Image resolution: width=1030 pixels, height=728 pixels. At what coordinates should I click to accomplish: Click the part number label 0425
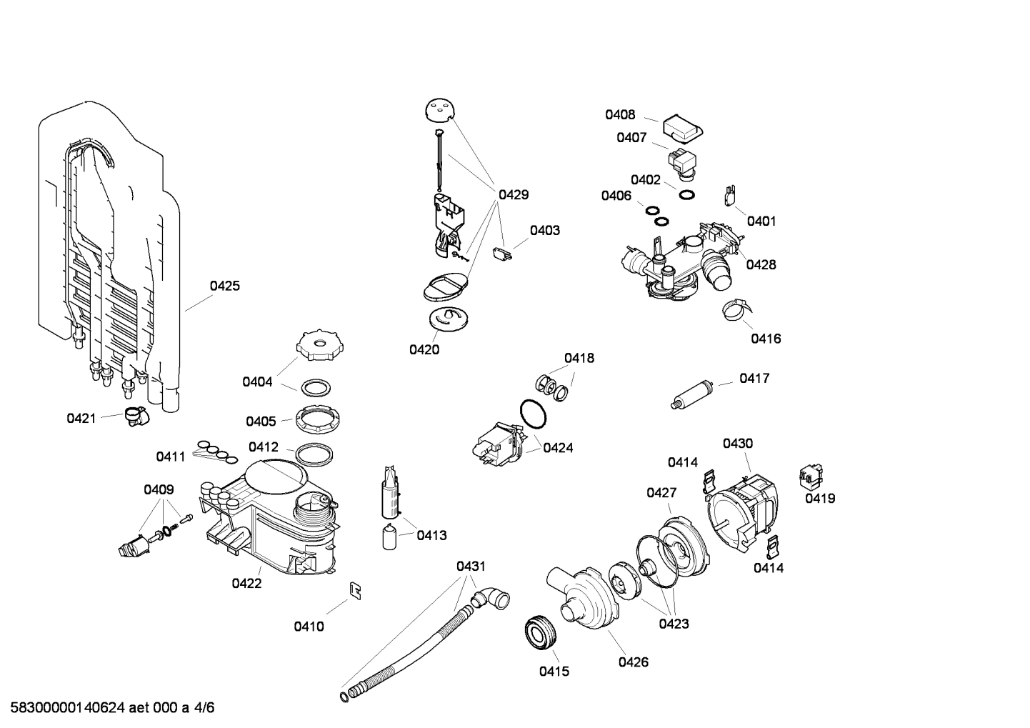(224, 286)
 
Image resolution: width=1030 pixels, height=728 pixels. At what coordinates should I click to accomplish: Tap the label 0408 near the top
(620, 115)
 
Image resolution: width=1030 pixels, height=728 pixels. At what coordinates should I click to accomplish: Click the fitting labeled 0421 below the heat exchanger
(134, 415)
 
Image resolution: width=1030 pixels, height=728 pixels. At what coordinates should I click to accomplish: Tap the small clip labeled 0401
(730, 193)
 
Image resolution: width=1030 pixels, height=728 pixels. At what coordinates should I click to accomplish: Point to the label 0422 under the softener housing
(246, 583)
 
